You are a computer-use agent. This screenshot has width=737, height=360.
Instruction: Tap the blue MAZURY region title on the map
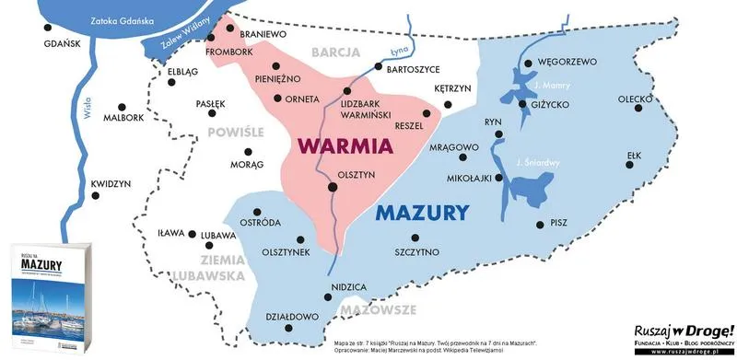pos(423,215)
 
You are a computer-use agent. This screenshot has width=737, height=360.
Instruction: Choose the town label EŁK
pos(633,156)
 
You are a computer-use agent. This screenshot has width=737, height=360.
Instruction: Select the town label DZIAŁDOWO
pos(290,316)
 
